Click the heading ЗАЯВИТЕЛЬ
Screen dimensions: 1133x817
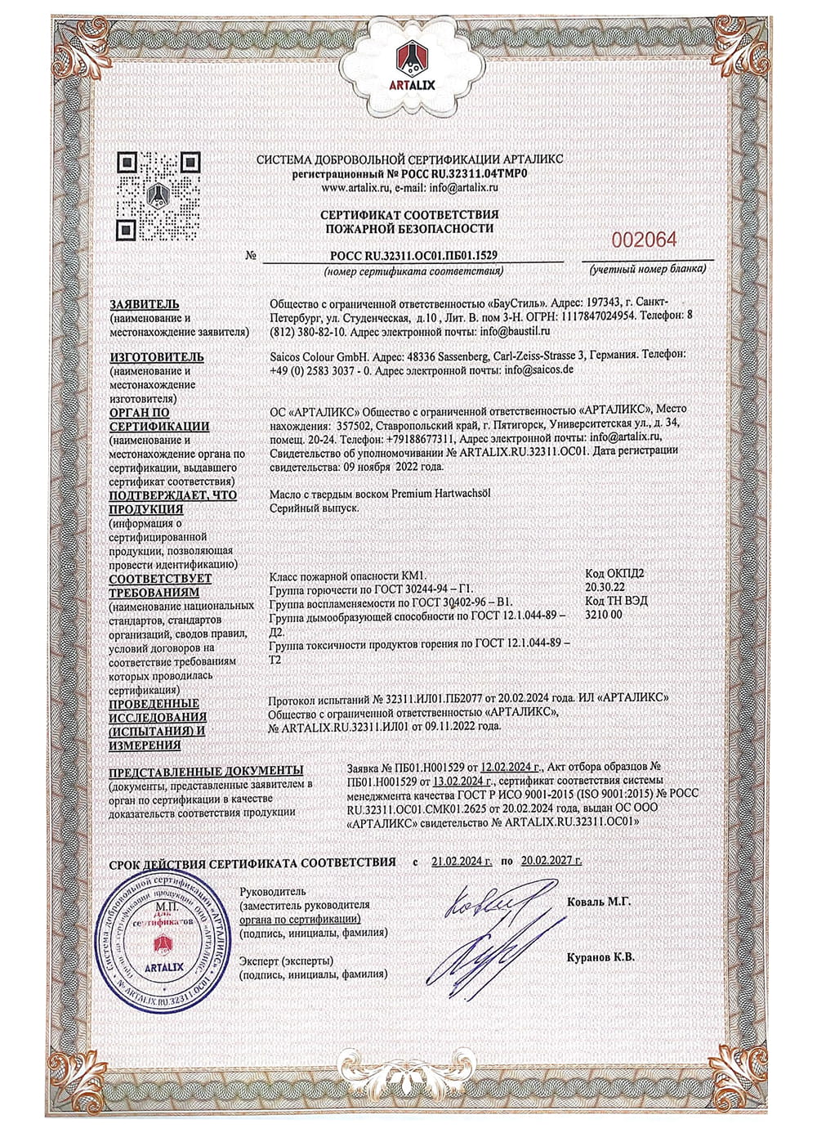(x=144, y=304)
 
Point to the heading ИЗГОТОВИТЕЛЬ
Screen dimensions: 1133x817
(x=156, y=357)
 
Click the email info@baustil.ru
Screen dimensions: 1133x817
(x=515, y=332)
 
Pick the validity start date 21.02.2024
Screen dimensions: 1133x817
(x=462, y=862)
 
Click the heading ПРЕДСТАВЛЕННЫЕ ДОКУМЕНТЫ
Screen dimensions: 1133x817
(x=206, y=770)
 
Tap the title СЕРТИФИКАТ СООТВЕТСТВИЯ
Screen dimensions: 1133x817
(x=408, y=214)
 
